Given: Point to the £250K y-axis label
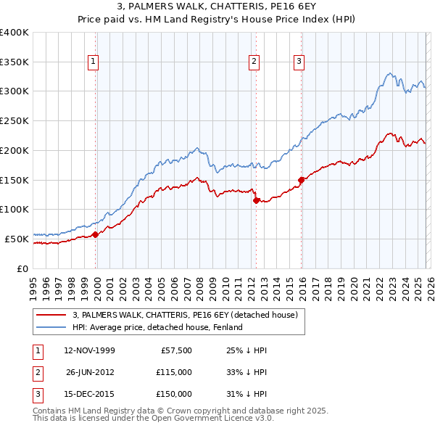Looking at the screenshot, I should pos(14,120).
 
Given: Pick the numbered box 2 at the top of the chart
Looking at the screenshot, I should pos(254,62).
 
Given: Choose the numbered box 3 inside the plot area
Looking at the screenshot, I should pos(299,62).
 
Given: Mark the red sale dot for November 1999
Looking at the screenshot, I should pos(95,234).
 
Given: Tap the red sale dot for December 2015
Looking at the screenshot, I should pos(301,179).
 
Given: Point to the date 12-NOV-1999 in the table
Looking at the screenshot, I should pos(90,350).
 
